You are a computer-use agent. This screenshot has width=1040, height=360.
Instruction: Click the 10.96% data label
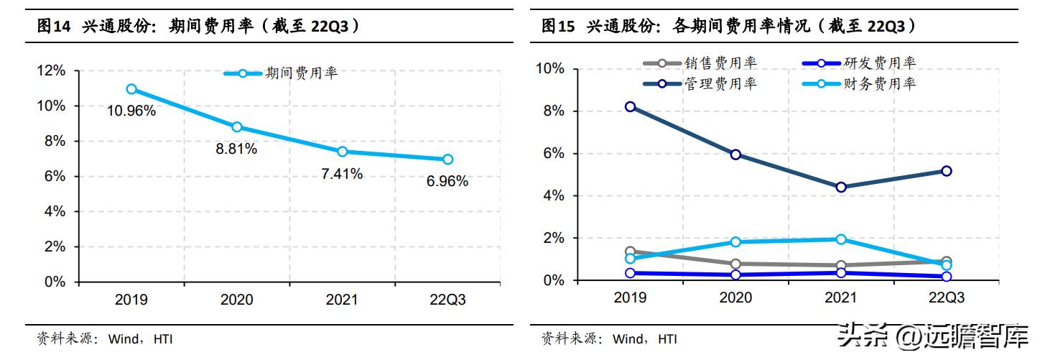[x=131, y=111]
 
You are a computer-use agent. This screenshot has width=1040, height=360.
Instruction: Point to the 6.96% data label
[x=447, y=181]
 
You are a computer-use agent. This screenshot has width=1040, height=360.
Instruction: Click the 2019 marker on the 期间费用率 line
[x=131, y=89]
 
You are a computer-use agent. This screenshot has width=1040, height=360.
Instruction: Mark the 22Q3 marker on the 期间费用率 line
[x=447, y=160]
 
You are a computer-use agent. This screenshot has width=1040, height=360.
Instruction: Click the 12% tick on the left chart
[x=51, y=70]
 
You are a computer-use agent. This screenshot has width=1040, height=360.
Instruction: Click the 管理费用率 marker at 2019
[x=630, y=106]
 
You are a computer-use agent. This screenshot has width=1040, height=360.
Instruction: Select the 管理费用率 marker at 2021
[x=841, y=187]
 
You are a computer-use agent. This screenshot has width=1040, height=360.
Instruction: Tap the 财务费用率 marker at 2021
[x=841, y=239]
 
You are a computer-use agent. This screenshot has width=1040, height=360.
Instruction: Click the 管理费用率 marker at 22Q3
[x=947, y=171]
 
